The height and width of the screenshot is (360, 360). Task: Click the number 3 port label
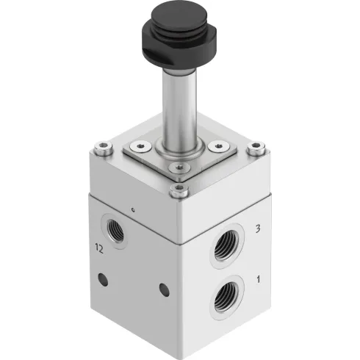pyautogui.click(x=257, y=229)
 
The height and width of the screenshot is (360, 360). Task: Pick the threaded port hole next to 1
pyautogui.click(x=224, y=298)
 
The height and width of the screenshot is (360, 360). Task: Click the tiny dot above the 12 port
pyautogui.click(x=134, y=209)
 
